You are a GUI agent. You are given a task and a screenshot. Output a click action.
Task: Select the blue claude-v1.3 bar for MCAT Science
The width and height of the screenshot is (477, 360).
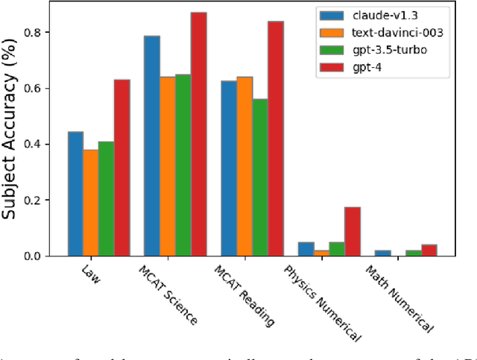pyautogui.click(x=151, y=146)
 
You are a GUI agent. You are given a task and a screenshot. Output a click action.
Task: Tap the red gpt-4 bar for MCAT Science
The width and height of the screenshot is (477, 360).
pyautogui.click(x=198, y=134)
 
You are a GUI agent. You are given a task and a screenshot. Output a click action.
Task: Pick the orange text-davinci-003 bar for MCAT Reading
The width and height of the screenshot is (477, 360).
pyautogui.click(x=244, y=166)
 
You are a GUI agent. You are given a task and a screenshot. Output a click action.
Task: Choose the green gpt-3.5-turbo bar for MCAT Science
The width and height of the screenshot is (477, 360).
pyautogui.click(x=183, y=165)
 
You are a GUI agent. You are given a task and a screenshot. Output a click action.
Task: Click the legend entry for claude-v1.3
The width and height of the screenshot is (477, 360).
pyautogui.click(x=373, y=16)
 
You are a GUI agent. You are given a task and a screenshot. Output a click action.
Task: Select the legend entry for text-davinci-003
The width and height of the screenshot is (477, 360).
pyautogui.click(x=381, y=33)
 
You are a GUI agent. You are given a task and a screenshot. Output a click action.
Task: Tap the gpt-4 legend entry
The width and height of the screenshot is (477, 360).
pyautogui.click(x=363, y=69)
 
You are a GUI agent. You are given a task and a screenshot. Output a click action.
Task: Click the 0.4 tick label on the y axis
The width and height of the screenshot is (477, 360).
pyautogui.click(x=40, y=144)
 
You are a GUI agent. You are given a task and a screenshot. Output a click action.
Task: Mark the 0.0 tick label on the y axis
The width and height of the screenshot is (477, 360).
pyautogui.click(x=40, y=256)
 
